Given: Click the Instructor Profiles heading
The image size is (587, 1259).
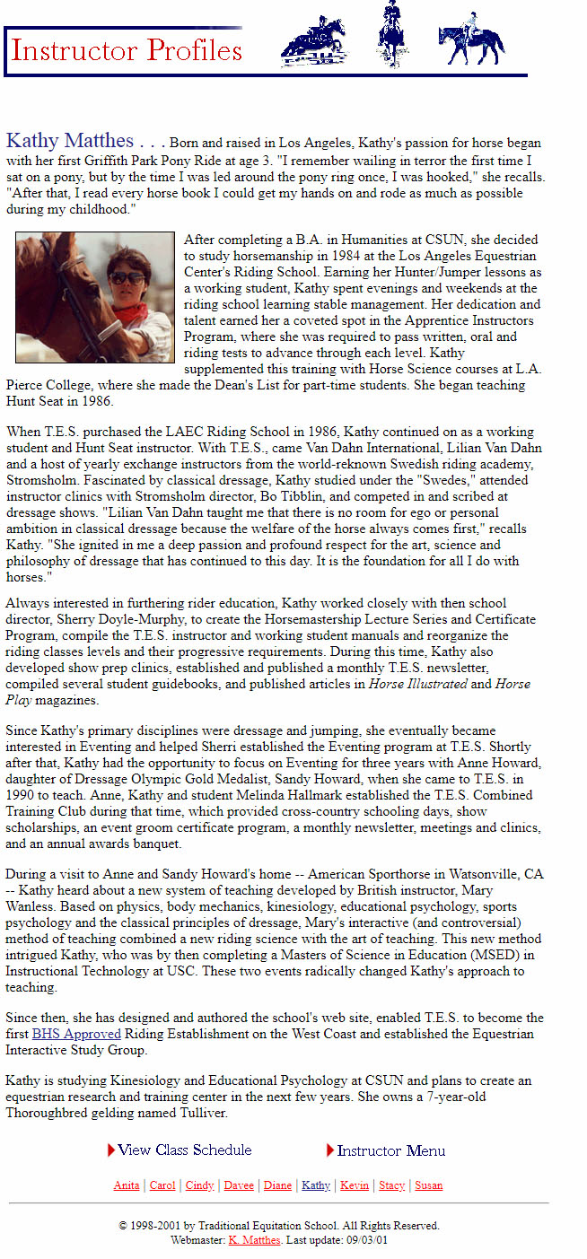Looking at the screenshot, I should click(x=127, y=50).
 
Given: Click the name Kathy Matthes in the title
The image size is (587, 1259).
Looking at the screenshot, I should click(x=70, y=141).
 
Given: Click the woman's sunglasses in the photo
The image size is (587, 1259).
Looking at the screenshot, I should click(x=127, y=278).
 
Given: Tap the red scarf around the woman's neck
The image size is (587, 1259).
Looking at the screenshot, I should click(x=131, y=314).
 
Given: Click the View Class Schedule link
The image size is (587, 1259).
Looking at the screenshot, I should click(x=185, y=1150).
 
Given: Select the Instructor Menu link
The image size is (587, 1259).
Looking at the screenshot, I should click(x=391, y=1150).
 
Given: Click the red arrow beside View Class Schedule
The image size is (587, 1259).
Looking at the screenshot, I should click(x=111, y=1150).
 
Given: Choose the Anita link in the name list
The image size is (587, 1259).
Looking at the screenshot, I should click(x=127, y=1185).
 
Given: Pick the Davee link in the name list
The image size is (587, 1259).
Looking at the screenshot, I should click(x=239, y=1185).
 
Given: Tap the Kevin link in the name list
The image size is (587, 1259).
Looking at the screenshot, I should click(x=355, y=1185).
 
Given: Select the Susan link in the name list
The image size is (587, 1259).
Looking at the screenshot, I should click(x=428, y=1185).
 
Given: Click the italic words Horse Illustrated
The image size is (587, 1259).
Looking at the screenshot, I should click(x=418, y=683).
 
